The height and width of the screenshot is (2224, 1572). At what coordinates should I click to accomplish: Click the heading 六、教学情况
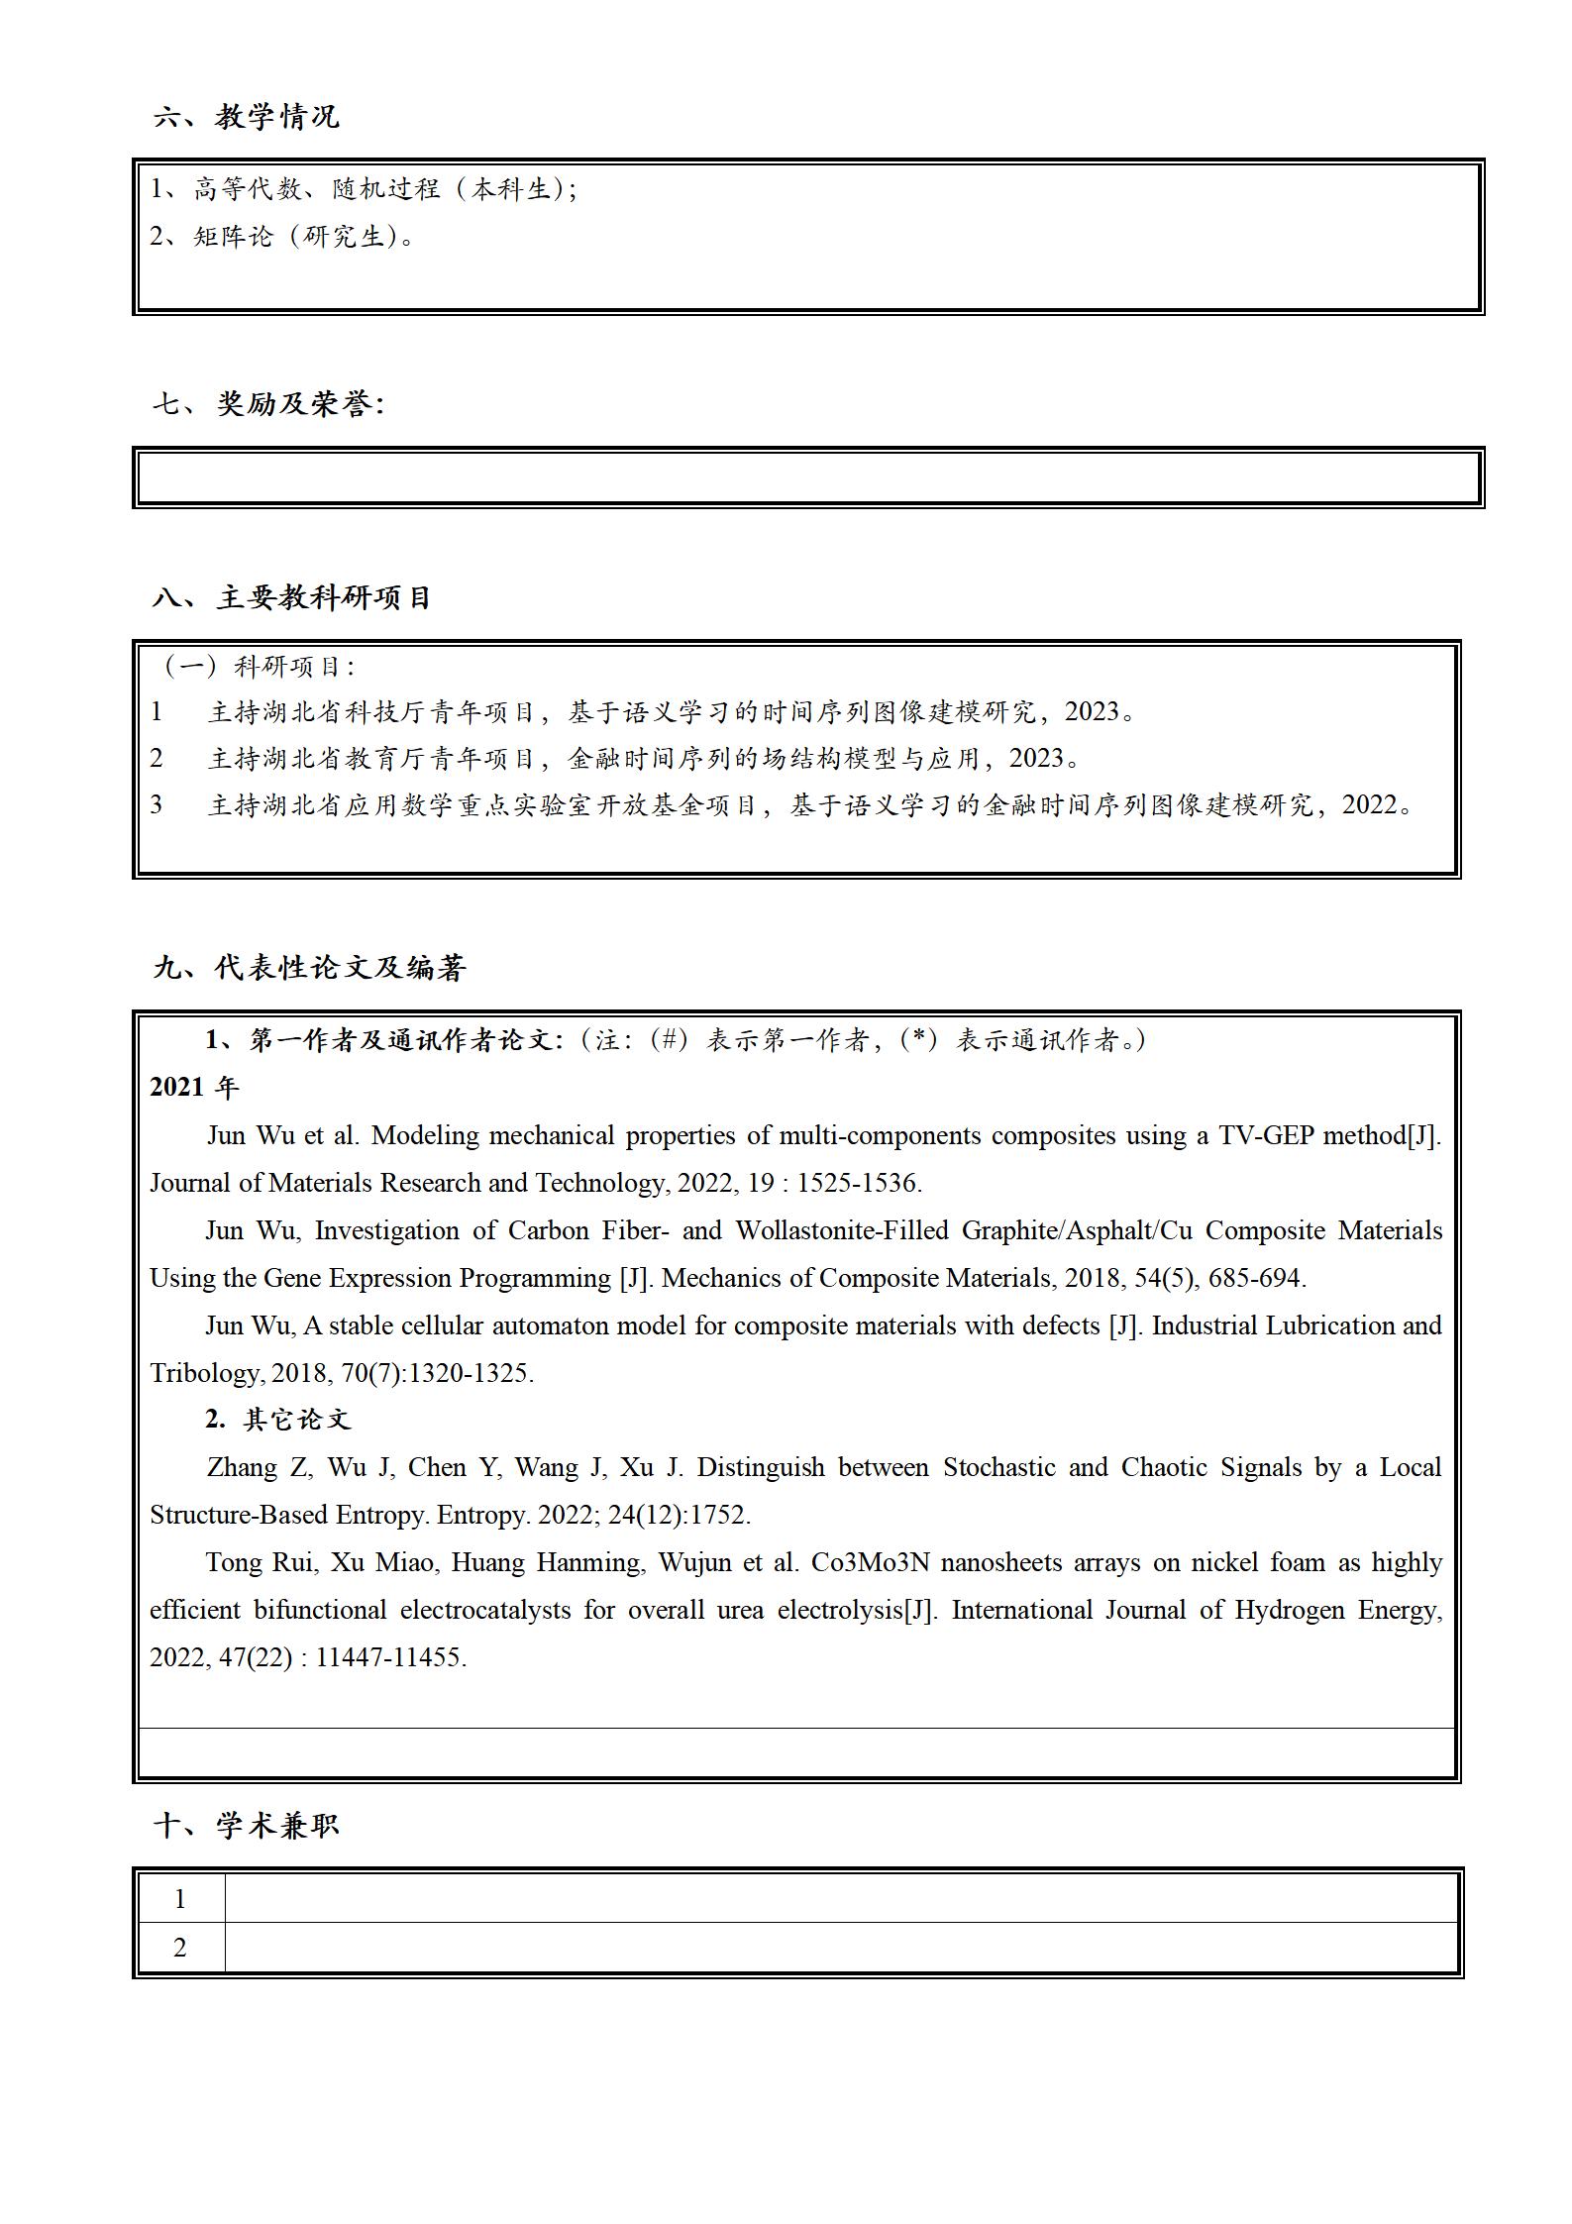point(247,117)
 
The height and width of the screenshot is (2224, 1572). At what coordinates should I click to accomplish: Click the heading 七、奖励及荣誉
point(268,404)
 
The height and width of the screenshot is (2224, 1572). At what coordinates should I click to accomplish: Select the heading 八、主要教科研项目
point(292,598)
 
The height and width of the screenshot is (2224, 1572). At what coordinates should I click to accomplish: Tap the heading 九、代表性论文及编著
point(309,968)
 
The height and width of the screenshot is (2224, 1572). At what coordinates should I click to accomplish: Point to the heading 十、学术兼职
point(247,1826)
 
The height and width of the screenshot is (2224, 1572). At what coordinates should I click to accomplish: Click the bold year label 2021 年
point(194,1088)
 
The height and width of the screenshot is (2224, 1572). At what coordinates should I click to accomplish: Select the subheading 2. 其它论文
point(278,1420)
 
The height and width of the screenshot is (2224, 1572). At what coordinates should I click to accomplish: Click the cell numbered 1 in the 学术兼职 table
point(180,1899)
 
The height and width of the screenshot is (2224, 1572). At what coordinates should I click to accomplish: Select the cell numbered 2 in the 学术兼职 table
point(180,1948)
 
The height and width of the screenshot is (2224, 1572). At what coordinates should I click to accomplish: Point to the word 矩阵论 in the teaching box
point(233,237)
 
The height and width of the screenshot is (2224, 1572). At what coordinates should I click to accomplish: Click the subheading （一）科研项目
point(258,667)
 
